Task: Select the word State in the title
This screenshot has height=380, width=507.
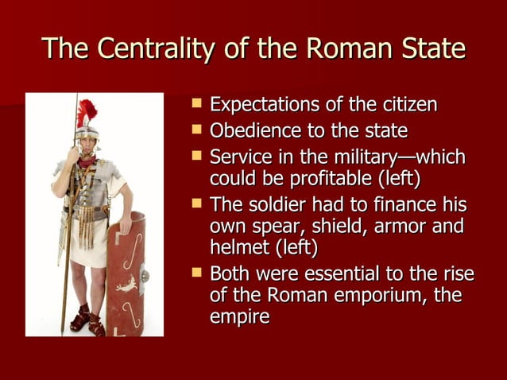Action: click(x=430, y=49)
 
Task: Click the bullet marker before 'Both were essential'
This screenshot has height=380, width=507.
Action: click(x=197, y=273)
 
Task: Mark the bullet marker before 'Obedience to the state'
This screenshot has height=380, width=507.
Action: click(x=197, y=130)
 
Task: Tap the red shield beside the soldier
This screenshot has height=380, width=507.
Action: click(x=126, y=274)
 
